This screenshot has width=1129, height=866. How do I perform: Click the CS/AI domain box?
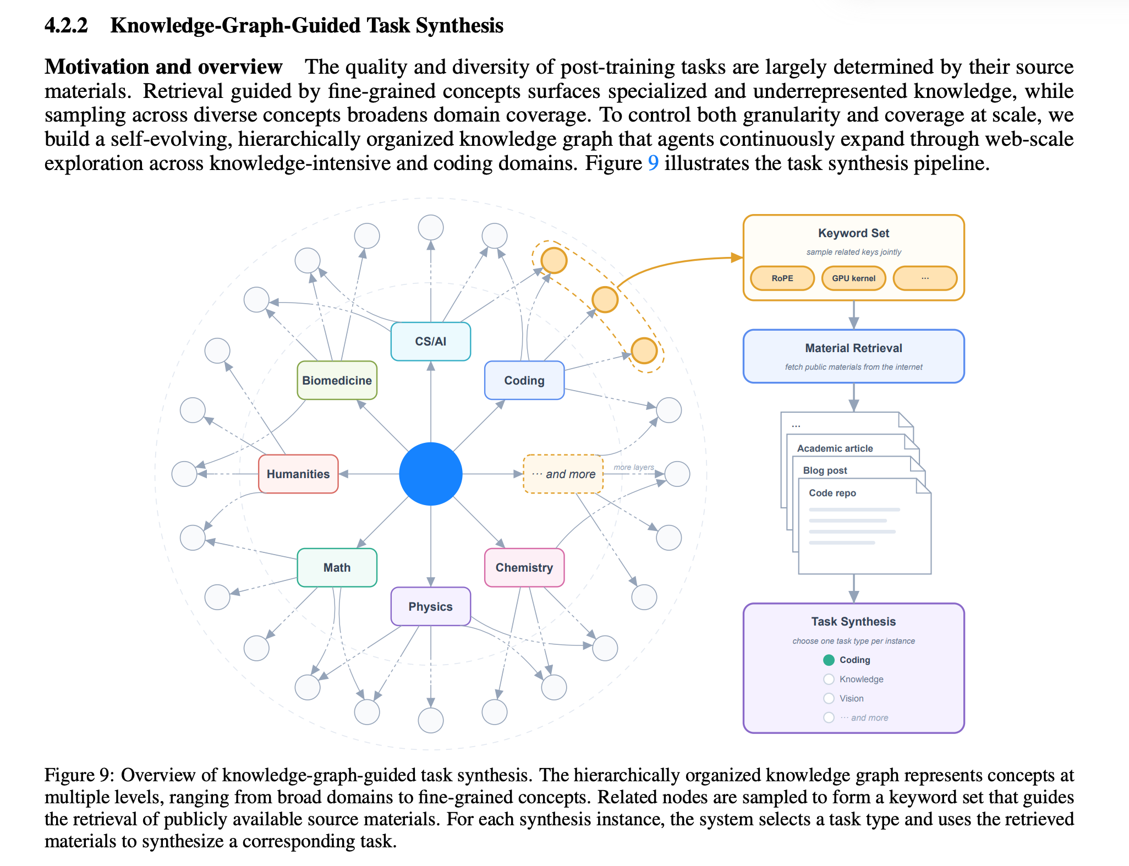coord(430,341)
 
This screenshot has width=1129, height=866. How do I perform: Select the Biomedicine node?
coord(337,380)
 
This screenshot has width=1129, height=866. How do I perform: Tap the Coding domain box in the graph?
coord(524,380)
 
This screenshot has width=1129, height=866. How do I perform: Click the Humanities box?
coord(298,474)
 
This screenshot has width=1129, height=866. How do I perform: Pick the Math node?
coord(337,567)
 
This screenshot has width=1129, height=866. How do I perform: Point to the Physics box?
coord(430,606)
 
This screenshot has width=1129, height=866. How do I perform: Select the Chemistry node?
coord(524,567)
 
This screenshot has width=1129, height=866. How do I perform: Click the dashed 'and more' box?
coord(563,474)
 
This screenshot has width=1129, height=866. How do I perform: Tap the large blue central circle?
coord(430,474)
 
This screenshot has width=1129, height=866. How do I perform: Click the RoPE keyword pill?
coord(782,278)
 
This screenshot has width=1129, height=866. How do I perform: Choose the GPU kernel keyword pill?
coord(853,278)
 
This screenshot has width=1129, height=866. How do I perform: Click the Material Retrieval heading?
coord(853,348)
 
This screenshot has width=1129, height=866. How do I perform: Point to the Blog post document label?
coord(825,470)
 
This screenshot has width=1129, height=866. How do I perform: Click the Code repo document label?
coord(832,493)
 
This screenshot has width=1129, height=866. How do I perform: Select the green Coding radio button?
coord(829,660)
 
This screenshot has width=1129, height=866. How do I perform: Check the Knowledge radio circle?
coord(829,679)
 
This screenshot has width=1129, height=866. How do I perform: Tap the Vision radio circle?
coord(829,698)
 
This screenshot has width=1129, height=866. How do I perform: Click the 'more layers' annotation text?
coord(634,467)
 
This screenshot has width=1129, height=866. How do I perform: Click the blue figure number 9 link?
coord(653,163)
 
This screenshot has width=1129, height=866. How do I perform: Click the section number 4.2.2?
coord(66,25)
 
